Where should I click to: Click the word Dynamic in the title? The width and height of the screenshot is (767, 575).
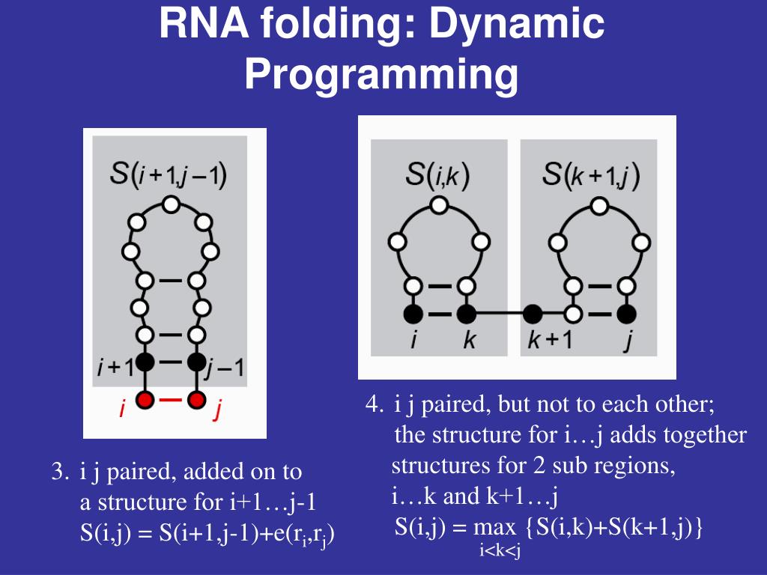point(517,25)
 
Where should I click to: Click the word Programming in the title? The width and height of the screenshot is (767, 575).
point(382,74)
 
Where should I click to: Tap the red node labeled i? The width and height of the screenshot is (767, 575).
point(145,399)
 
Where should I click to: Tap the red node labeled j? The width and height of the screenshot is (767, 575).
point(196,399)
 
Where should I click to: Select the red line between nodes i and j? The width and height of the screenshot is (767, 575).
point(171,399)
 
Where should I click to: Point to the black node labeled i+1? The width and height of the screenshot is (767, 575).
point(145,362)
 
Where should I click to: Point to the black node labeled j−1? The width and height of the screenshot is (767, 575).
point(196,362)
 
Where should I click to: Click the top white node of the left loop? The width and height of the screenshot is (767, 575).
point(172,204)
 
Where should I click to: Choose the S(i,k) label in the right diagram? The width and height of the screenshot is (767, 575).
point(438,176)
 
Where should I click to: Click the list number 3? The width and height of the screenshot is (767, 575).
point(59,472)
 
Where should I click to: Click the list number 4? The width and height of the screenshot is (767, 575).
point(373,405)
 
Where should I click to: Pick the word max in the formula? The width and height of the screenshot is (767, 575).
point(494,526)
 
